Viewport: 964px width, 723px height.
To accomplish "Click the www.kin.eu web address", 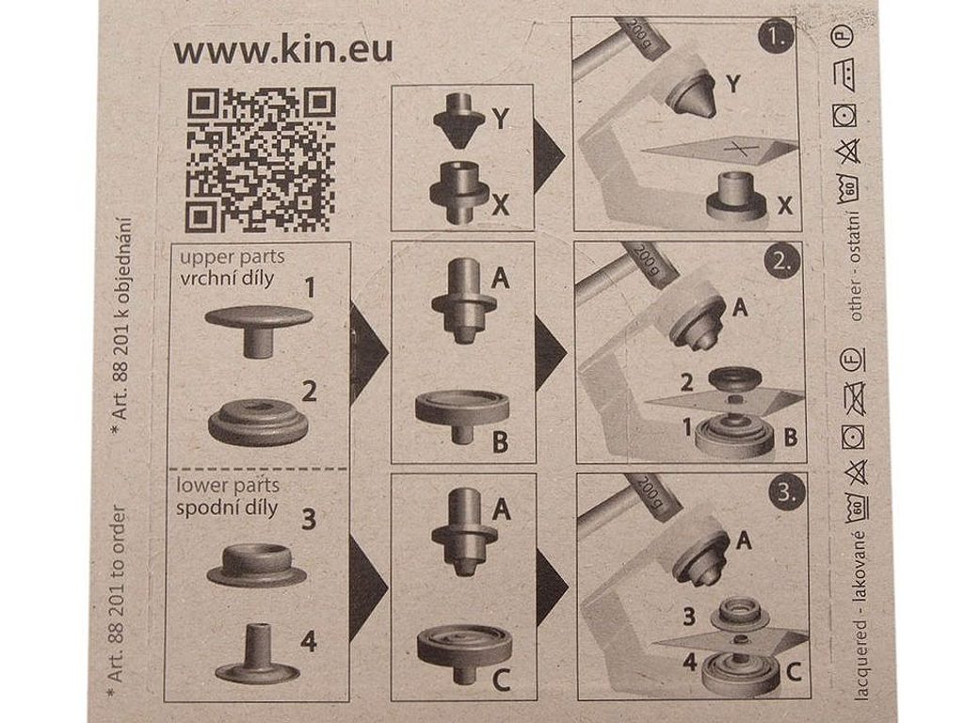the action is pyautogui.click(x=282, y=51).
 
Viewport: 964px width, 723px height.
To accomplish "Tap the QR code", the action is pyautogui.click(x=262, y=159).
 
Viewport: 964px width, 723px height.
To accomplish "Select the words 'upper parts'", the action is pyautogui.click(x=232, y=257).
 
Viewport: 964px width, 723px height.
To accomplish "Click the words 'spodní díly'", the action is pyautogui.click(x=227, y=508).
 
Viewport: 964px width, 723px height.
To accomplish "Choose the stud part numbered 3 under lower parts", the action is pyautogui.click(x=257, y=564).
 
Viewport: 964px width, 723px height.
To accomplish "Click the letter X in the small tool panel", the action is pyautogui.click(x=501, y=205).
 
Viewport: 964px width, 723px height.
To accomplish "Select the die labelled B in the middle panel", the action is pyautogui.click(x=462, y=414).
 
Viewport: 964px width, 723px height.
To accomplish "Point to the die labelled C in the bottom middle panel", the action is pyautogui.click(x=464, y=651).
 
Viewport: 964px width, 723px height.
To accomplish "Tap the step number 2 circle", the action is pyautogui.click(x=782, y=261).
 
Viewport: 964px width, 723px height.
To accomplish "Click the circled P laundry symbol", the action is pyautogui.click(x=844, y=37).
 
